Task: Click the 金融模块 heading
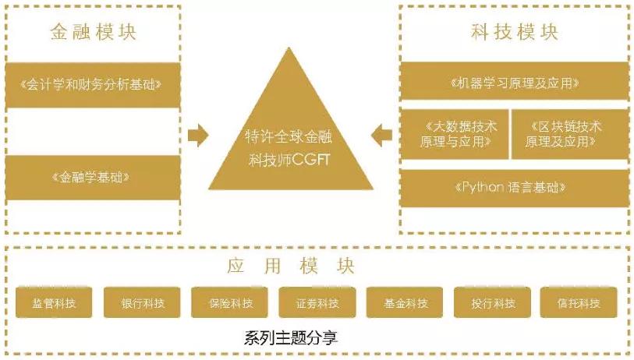coord(93,32)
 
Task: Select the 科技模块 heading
coord(515,32)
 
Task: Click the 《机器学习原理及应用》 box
coord(515,82)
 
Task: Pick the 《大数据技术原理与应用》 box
coord(454,134)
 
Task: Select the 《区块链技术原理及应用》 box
coord(570,134)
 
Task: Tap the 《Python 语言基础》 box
coord(515,188)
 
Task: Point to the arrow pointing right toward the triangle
coord(199,136)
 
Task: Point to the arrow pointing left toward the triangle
coord(381,136)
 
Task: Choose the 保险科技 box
coord(229,303)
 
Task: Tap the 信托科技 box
coord(579,303)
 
